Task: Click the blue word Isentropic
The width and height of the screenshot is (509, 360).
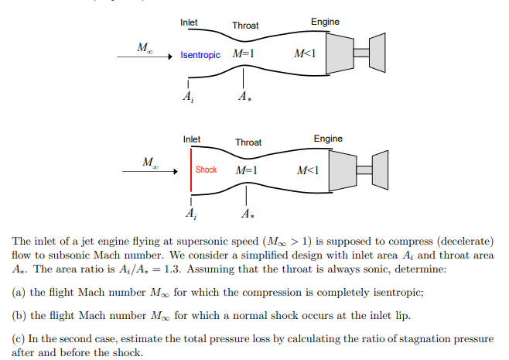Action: (200, 55)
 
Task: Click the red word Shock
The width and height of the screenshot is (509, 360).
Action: (206, 170)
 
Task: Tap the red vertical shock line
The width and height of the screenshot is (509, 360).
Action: (190, 170)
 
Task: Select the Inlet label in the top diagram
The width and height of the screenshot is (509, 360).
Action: (189, 22)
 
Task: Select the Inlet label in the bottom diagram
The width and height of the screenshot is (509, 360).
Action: (192, 139)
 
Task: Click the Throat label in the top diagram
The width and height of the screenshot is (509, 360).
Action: (245, 26)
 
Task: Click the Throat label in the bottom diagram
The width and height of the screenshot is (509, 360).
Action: (248, 142)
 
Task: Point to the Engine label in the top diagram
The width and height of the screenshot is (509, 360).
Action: (325, 22)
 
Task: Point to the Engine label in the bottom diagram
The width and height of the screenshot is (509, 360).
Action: (327, 139)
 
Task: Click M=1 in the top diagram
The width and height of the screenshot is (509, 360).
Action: (244, 54)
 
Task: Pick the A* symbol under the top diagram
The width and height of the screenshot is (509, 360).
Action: (244, 98)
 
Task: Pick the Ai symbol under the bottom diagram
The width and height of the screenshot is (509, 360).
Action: (190, 212)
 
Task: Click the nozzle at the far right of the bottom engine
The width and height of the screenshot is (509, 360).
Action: (380, 169)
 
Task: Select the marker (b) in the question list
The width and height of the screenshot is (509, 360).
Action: (19, 315)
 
